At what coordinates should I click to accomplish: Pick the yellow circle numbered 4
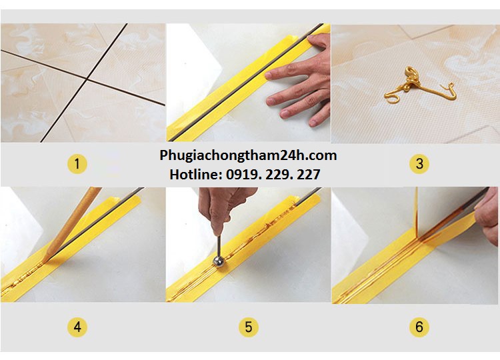point(78,327)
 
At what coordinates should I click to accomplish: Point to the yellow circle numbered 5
point(248,327)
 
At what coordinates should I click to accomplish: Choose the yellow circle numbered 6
point(419,327)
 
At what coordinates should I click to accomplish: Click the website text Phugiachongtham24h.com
point(248,155)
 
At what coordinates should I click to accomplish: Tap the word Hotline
point(193,175)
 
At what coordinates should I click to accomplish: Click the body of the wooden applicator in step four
point(73,217)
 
